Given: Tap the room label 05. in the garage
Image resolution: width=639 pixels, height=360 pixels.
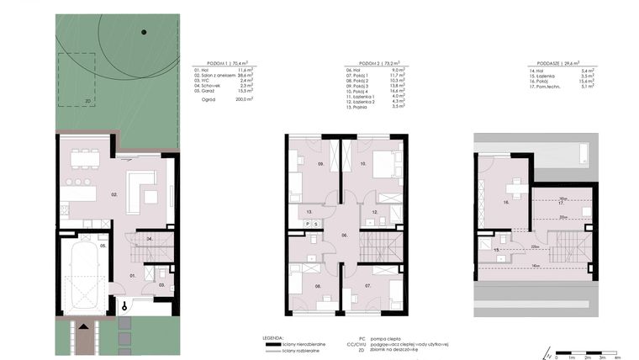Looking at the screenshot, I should coord(103,246).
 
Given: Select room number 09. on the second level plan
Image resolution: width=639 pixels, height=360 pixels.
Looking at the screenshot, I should coord(320,164).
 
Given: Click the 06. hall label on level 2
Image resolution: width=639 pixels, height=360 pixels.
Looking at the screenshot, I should coord(344,236).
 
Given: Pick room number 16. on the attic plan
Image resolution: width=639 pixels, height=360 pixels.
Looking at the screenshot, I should coord(506,203).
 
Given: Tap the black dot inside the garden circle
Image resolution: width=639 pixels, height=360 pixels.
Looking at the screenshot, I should coord(144,32).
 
